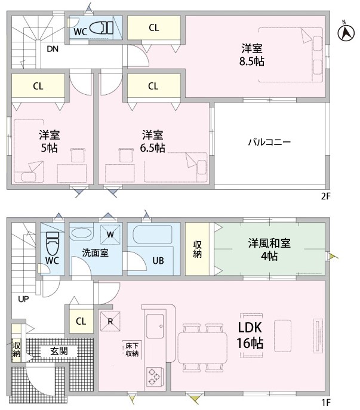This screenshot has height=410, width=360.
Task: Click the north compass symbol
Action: pos(346,32)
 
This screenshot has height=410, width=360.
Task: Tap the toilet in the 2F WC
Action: pos(101,28)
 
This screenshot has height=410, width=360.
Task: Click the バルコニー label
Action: pos(269,142)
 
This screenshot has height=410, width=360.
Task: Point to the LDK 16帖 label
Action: pos(250,335)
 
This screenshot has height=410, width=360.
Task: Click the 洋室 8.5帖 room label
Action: pos(252,55)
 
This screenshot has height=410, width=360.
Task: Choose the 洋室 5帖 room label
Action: pos(50,141)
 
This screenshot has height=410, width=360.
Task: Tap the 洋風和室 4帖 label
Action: pos(269,249)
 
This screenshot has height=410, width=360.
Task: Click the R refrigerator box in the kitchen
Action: pos(110,321)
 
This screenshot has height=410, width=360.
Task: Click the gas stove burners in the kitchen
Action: pos(154,377)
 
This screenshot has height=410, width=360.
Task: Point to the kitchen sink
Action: pos(155,326)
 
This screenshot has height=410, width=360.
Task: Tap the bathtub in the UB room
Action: pos(153,235)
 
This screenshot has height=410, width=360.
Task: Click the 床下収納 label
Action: pos(132,350)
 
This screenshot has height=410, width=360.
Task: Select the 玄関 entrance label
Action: pos(59,351)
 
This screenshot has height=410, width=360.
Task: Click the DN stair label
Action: pos(53,49)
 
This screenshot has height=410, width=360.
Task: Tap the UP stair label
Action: pos(23,299)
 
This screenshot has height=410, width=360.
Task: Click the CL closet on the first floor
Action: pos(81,321)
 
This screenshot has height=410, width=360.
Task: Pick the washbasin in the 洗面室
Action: pos(82,233)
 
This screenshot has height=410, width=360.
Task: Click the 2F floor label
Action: pos(326,196)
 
